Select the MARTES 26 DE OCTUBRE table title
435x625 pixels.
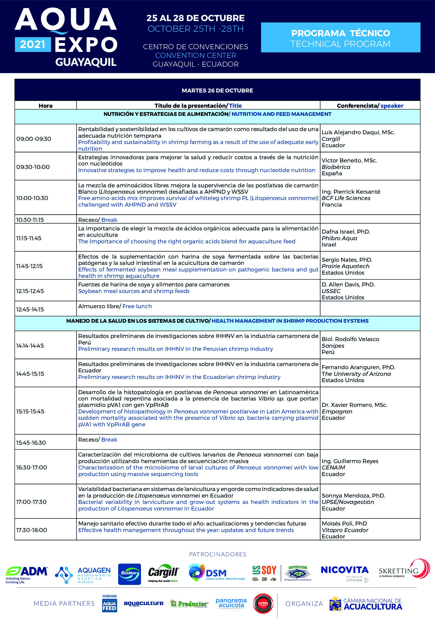(217, 90)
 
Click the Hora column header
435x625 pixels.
(45, 106)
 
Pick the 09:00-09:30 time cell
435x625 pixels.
(34, 139)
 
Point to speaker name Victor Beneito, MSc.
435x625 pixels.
(349, 160)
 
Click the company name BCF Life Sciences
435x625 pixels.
(346, 198)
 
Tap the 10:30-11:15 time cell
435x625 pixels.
(30, 220)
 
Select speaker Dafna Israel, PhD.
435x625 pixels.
(346, 232)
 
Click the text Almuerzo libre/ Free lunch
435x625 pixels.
(115, 306)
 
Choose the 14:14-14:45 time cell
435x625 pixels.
(30, 346)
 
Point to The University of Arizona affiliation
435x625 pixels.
(356, 374)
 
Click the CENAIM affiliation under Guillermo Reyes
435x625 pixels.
(333, 467)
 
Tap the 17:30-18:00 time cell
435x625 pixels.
(31, 530)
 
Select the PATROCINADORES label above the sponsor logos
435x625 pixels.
(217, 554)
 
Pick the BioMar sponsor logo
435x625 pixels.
(129, 574)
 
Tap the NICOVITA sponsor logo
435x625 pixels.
(344, 573)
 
